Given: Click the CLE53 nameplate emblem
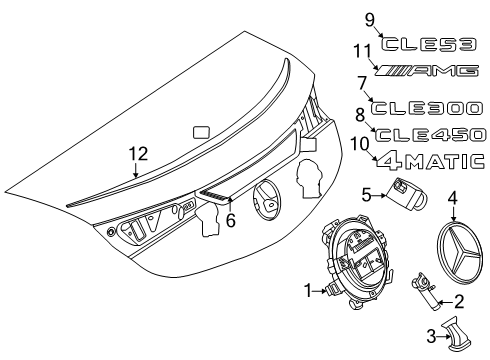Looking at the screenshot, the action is coord(429,44).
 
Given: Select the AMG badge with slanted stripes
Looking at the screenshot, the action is coord(427,70).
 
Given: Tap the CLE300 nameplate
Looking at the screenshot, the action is coord(427,108).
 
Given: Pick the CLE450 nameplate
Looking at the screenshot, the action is coord(430,135).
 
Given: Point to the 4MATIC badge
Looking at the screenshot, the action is coord(431,162).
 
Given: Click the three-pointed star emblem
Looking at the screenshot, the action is coord(459,252).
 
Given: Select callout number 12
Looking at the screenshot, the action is coord(138,154).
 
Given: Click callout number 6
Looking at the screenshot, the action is coord(231,220).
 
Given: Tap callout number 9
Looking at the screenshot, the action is coord(370,20).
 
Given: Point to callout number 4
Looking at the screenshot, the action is coord(452,198).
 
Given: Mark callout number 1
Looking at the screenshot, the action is coord(308,291).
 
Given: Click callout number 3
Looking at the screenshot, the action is coord(431,336).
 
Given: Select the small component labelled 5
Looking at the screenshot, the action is coord(406,194).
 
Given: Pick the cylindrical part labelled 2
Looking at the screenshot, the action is coord(425,291).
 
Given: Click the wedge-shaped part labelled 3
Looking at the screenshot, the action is coord(456,333).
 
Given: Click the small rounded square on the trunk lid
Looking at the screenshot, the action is coord(202,132).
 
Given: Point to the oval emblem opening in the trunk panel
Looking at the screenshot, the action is coord(266,200).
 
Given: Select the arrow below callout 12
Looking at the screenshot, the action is coord(135,170).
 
